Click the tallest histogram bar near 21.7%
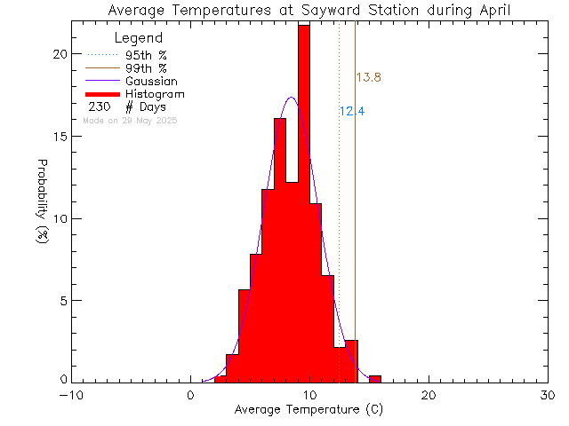click(304, 204)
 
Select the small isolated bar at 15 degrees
click(375, 379)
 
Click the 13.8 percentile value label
click(368, 78)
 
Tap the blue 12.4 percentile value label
click(352, 112)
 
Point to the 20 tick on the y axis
click(59, 54)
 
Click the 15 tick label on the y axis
click(59, 137)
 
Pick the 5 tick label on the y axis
click(62, 301)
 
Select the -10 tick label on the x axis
click(71, 396)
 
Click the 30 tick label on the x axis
click(549, 396)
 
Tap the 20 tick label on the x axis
click(429, 396)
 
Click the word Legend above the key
click(139, 38)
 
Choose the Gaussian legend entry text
click(151, 81)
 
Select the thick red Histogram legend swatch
click(103, 94)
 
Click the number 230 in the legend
click(99, 107)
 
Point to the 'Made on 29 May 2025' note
click(129, 120)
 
